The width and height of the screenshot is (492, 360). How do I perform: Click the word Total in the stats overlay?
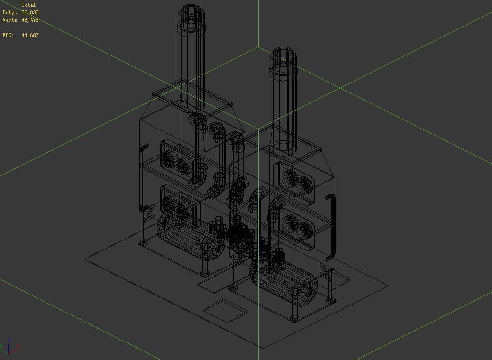28,5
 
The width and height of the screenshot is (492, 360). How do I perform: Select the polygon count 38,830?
30,12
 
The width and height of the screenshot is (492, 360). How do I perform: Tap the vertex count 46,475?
30,20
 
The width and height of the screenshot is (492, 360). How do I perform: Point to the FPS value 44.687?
30,35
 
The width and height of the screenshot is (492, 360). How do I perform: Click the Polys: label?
11,12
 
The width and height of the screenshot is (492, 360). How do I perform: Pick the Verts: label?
11,20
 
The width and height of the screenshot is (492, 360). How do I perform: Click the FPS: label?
8,35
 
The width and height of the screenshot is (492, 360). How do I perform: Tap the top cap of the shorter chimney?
282,60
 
